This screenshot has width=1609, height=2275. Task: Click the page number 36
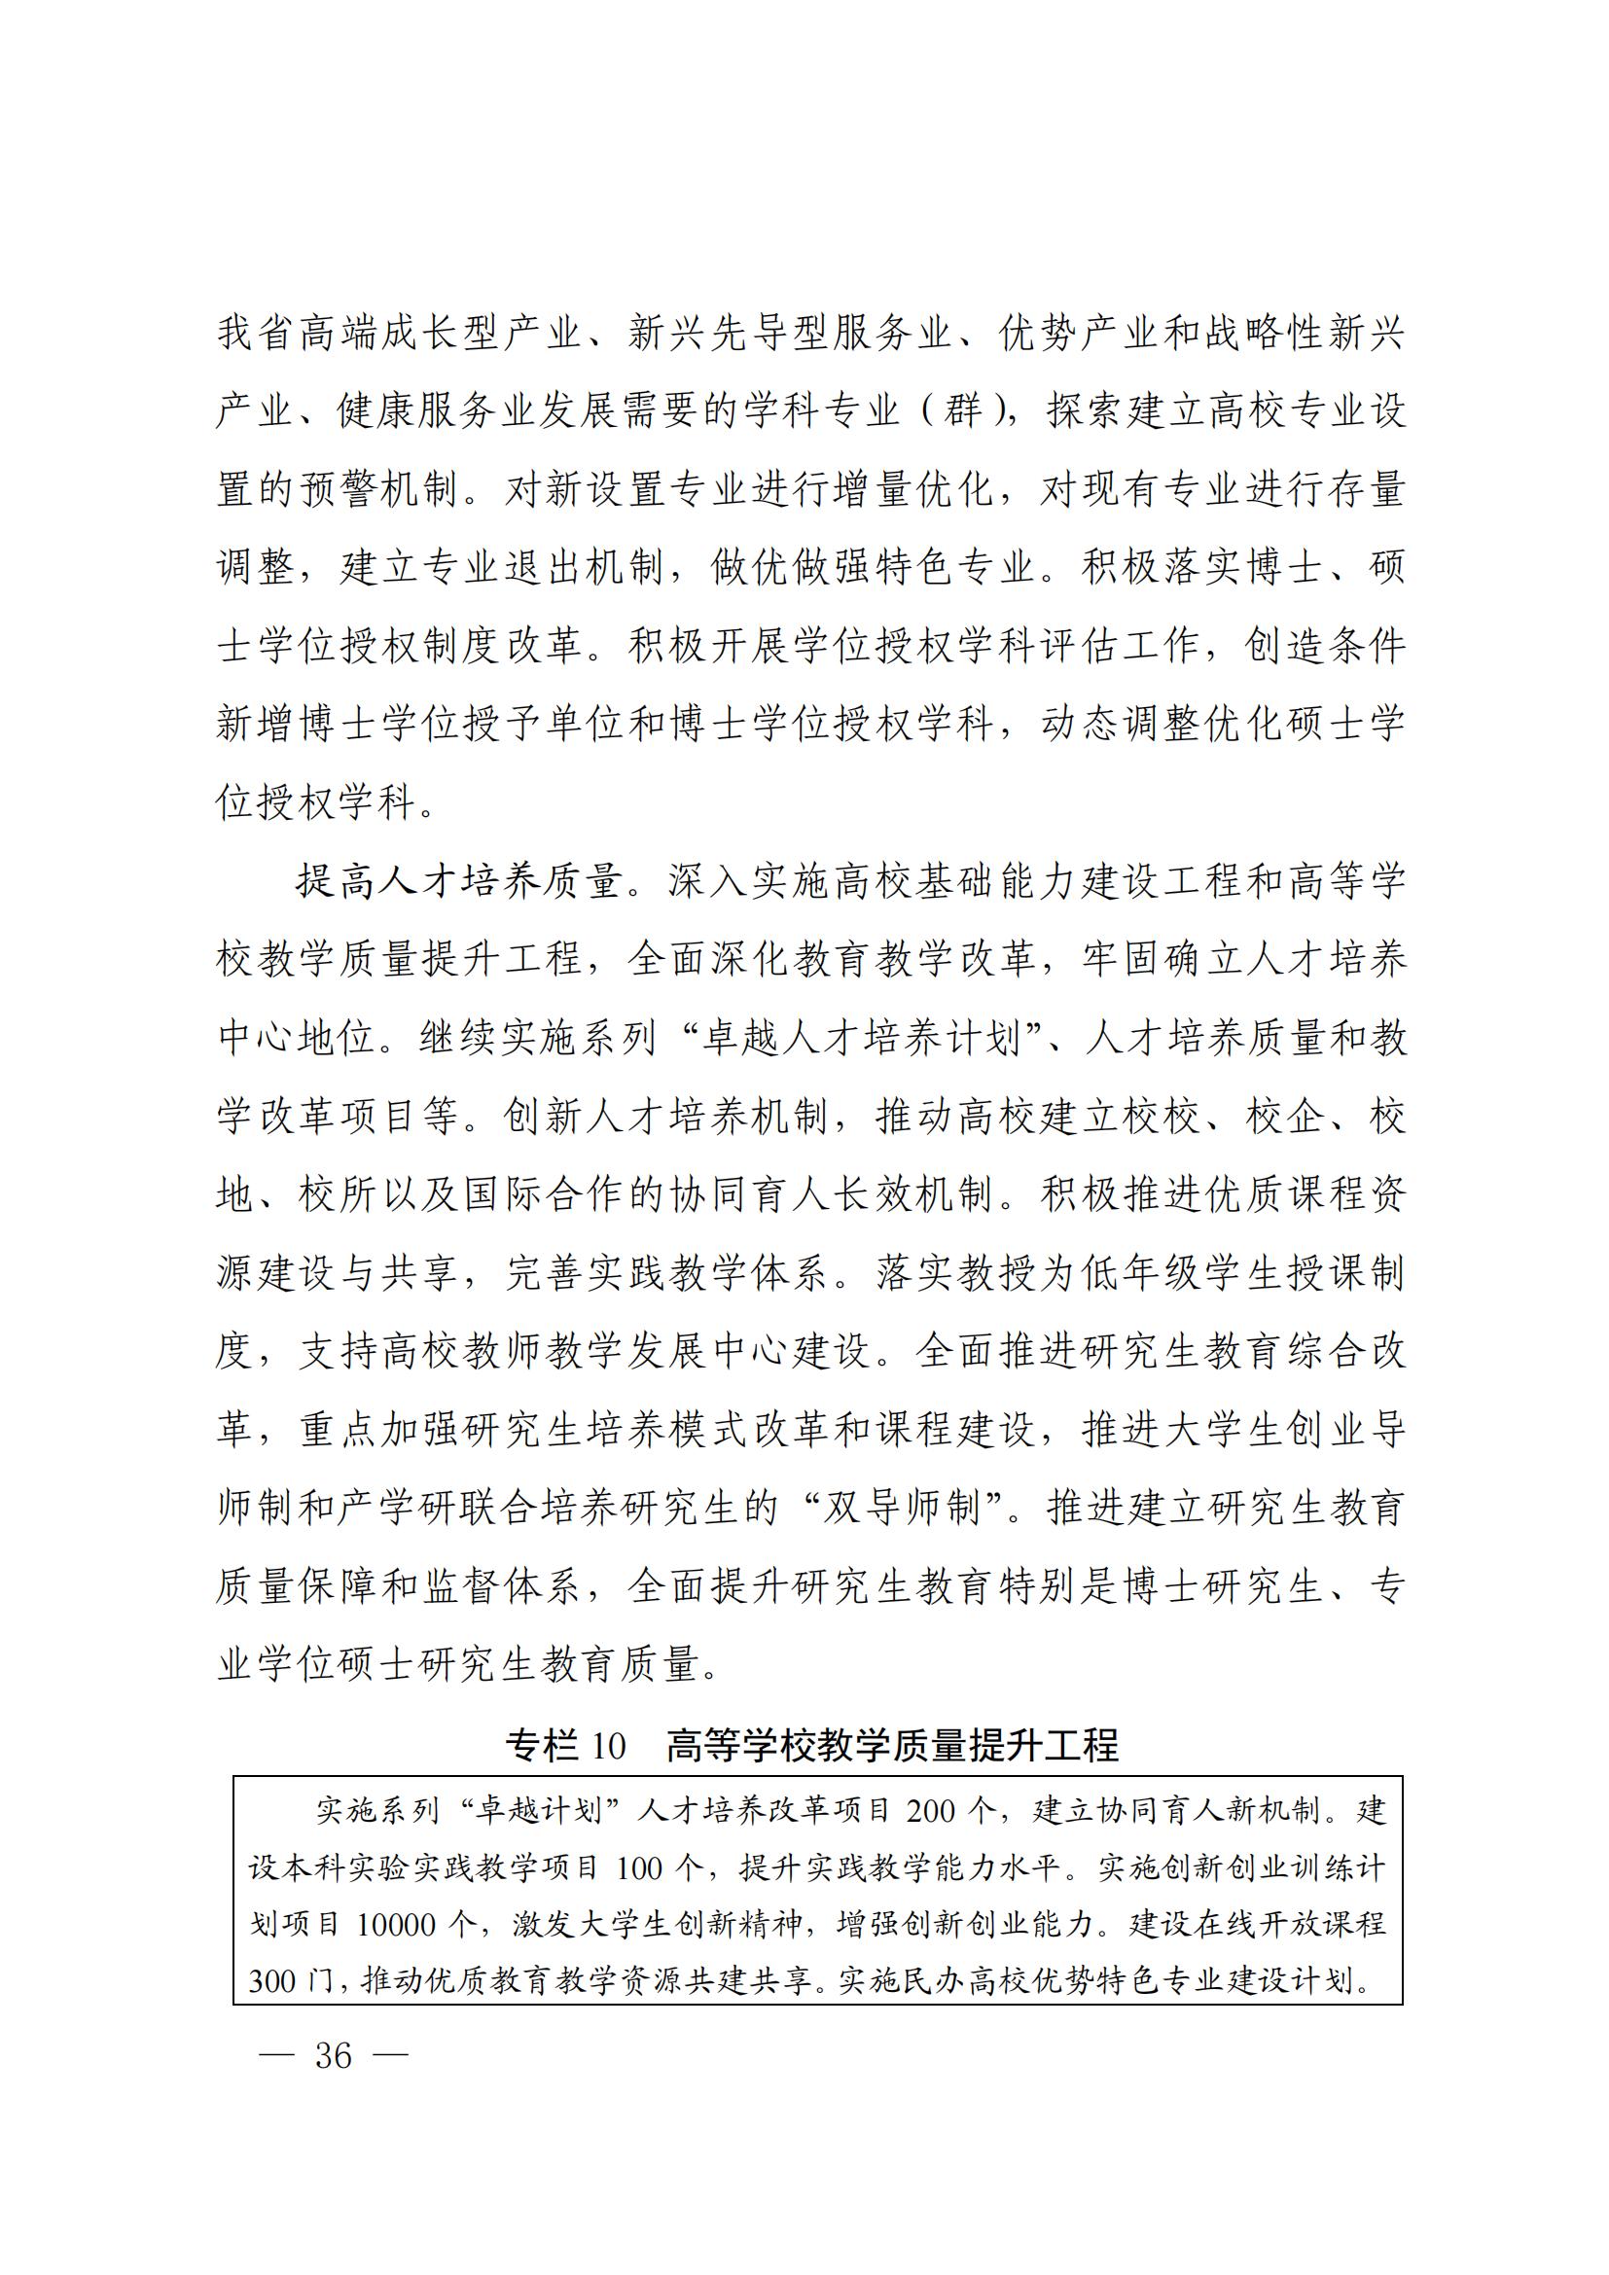click(x=334, y=2055)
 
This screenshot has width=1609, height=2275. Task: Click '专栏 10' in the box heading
click(x=566, y=1745)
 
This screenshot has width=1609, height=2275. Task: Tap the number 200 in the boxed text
click(x=930, y=1810)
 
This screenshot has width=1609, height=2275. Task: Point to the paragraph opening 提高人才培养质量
click(x=461, y=882)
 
